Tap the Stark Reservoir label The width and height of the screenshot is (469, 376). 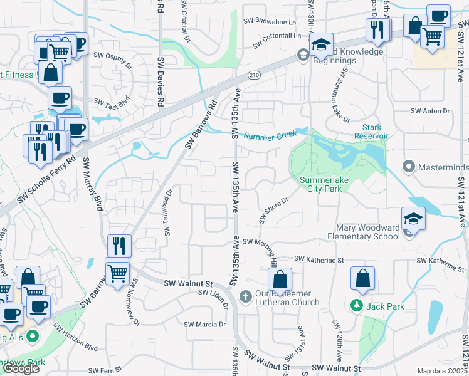coord(371,132)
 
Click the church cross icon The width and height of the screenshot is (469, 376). coord(246,296)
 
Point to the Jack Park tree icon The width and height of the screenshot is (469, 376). coord(356,306)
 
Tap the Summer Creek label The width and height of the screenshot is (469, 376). coord(270,136)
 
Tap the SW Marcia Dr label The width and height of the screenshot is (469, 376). coord(204,325)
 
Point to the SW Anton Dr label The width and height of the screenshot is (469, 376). coord(430,111)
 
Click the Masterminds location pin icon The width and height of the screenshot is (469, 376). coord(409,167)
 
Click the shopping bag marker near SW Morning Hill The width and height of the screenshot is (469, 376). coord(280,279)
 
